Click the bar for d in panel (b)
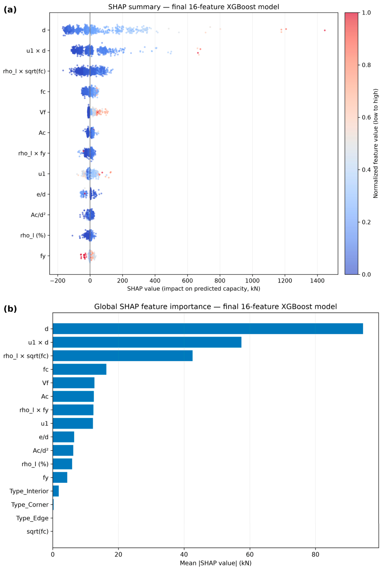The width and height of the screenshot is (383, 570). [x=208, y=329]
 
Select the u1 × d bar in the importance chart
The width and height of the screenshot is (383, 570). [x=147, y=342]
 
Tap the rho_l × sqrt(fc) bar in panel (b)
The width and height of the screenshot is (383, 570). [x=123, y=355]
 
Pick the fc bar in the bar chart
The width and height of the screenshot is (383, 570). [x=79, y=369]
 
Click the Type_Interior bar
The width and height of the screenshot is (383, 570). [x=56, y=491]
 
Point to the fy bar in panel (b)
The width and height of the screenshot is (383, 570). [x=60, y=477]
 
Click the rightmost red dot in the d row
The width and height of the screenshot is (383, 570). [x=325, y=30]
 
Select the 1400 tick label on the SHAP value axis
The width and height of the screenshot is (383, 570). [x=317, y=280]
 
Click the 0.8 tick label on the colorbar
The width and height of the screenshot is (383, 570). [x=366, y=65]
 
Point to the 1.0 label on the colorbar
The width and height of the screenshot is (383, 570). [x=366, y=12]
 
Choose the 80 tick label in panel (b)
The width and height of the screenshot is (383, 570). [x=316, y=554]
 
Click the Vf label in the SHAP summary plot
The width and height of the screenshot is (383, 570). [x=43, y=112]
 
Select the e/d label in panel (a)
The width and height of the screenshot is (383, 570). [x=41, y=194]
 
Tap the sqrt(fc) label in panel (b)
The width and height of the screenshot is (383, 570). [x=38, y=531]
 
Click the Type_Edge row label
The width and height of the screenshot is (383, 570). [x=32, y=518]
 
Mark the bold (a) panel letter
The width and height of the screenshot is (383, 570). [x=10, y=9]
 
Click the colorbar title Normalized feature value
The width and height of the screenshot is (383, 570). [x=376, y=143]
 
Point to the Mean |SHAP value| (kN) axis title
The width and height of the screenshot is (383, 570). [x=215, y=563]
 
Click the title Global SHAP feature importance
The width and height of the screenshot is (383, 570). [x=215, y=306]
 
